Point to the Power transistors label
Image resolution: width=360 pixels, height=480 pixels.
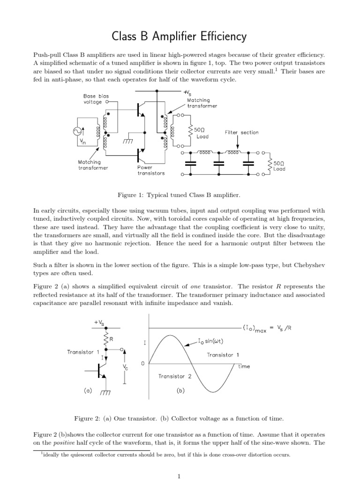(x=151, y=170)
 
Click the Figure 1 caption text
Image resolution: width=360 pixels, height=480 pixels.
(x=180, y=194)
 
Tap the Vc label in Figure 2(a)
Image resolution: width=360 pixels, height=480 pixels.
(x=125, y=367)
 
